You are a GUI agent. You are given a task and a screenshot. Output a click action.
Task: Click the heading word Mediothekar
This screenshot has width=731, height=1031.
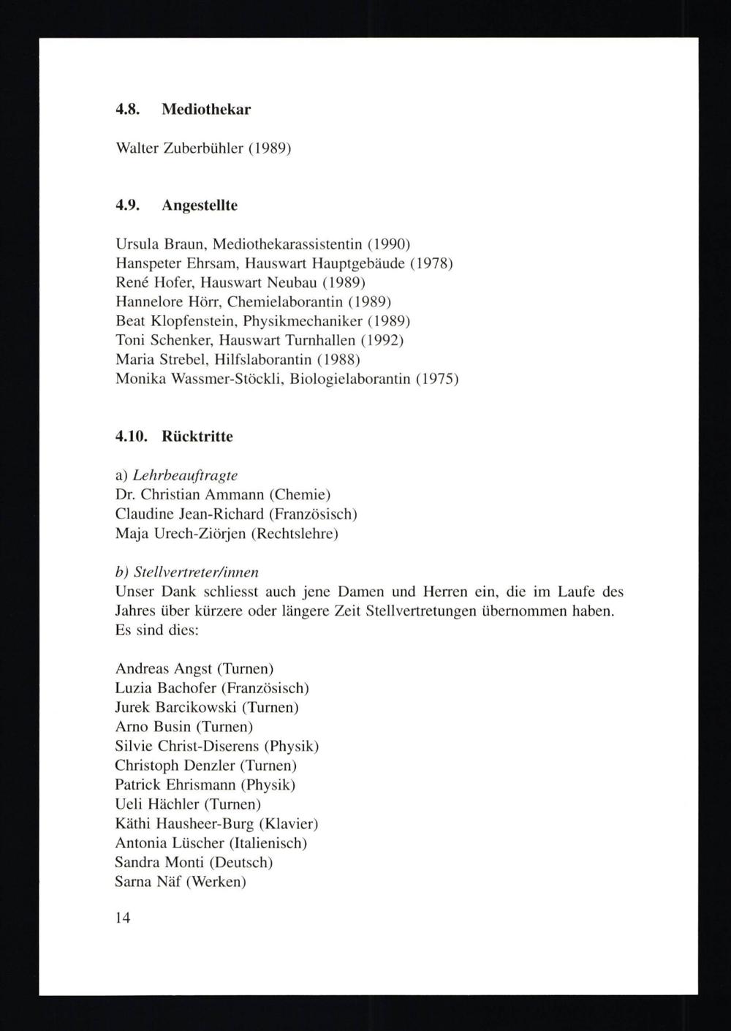point(206,110)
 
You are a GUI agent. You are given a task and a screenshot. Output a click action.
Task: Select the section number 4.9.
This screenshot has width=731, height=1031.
point(127,205)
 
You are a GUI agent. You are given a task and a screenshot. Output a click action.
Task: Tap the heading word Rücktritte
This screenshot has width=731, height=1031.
point(197,437)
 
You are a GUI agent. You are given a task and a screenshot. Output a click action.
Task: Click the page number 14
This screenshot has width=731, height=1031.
point(123,918)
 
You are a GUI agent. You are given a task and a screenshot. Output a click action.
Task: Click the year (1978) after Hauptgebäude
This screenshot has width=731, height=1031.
point(431,263)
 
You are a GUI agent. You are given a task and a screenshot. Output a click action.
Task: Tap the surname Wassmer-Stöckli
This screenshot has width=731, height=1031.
point(216,379)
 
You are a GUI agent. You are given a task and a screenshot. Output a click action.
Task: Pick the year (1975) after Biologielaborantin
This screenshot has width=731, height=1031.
point(436,379)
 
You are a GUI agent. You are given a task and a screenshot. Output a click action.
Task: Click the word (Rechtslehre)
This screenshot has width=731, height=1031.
point(295,534)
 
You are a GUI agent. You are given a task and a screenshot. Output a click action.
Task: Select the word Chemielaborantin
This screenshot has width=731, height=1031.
point(285,301)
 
